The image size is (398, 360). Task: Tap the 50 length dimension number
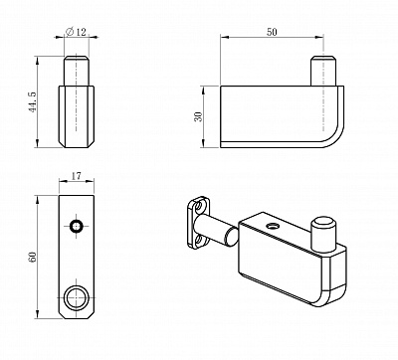click(272, 33)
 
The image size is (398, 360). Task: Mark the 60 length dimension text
click(33, 258)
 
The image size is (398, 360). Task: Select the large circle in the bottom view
click(77, 296)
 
